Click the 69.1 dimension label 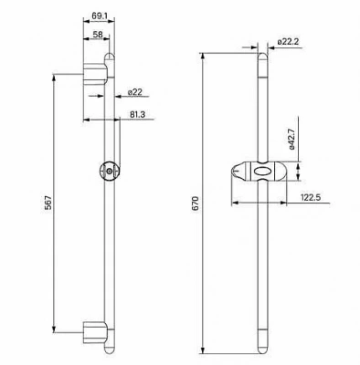[x=99, y=16]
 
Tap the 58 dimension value [x=98, y=34]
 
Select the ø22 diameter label [x=135, y=92]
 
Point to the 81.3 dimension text [x=137, y=114]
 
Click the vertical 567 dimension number [x=48, y=203]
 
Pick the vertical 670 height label [x=195, y=203]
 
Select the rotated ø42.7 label [x=292, y=139]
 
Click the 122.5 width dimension [x=311, y=198]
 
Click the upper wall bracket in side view [x=95, y=74]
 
